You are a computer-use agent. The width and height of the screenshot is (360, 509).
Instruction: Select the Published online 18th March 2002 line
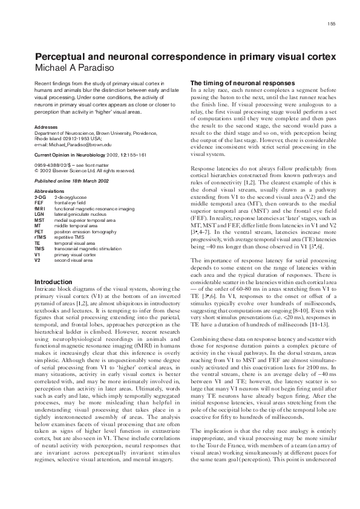click(x=68, y=181)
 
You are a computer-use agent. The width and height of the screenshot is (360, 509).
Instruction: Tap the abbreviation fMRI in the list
click(x=41, y=209)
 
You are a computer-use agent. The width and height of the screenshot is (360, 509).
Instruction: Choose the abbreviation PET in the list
click(x=40, y=231)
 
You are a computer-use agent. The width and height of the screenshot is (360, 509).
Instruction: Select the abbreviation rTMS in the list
click(x=41, y=236)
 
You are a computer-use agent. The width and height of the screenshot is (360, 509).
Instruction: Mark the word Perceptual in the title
click(x=62, y=55)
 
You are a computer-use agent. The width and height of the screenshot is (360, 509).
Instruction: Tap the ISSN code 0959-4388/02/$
click(x=56, y=165)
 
